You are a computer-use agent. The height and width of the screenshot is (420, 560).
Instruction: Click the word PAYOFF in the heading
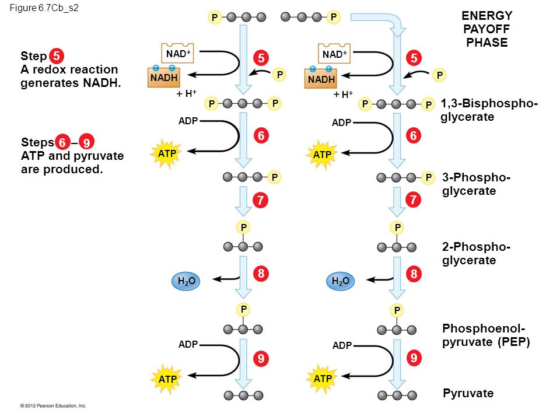487,29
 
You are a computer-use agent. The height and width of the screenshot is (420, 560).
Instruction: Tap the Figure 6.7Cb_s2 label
44,8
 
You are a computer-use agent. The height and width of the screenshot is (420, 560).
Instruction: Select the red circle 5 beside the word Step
57,56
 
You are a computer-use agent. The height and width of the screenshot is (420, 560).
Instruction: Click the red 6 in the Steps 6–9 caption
62,142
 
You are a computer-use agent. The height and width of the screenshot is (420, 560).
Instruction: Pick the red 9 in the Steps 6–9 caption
86,142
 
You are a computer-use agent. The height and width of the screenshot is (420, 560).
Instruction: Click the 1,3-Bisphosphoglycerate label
489,110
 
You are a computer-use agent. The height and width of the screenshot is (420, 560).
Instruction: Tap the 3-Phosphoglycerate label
476,184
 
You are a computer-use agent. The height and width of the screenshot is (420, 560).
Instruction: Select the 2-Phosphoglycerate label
476,253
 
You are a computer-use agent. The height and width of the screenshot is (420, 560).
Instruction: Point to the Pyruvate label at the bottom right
468,393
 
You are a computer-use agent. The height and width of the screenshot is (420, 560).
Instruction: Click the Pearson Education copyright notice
53,406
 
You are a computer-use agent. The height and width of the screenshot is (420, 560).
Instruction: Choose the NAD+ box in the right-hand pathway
334,53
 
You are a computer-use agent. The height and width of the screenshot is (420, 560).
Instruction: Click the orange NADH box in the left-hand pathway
163,76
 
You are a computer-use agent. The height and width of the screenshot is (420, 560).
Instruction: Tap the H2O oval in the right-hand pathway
340,281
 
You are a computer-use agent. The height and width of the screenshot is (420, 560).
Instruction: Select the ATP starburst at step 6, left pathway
166,153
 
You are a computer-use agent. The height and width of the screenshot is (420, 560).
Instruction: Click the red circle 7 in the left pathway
261,200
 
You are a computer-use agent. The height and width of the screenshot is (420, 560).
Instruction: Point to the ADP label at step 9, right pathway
342,345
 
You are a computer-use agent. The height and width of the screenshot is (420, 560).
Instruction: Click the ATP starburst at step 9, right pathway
322,379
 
